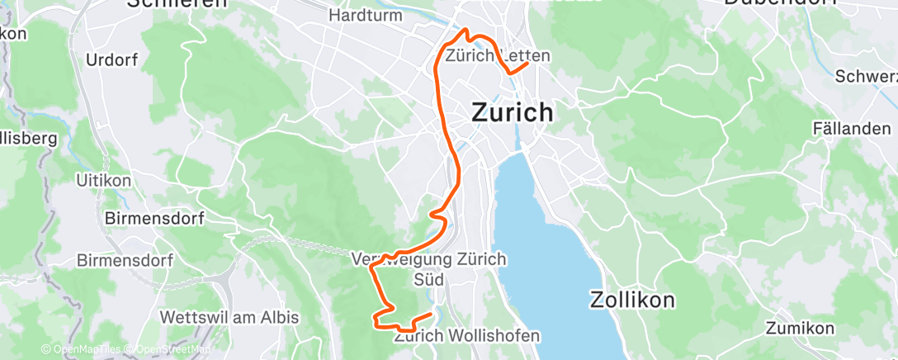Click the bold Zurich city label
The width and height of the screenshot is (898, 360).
coord(513,112)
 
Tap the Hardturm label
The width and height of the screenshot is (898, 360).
coord(365,15)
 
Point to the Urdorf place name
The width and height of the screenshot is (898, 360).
coord(113,60)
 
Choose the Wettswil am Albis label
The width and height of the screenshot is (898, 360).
coord(229,317)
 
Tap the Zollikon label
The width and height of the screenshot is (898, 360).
coord(632,299)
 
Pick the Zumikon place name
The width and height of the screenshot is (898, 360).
coord(800,329)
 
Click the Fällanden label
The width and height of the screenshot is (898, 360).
coord(852,129)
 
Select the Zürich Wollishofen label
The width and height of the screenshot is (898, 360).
coord(467,336)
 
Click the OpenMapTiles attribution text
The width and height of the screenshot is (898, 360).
coord(83,350)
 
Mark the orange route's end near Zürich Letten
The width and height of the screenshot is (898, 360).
coord(527,64)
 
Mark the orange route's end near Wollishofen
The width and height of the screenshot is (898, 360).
coord(432,314)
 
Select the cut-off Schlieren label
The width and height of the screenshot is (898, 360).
coord(177,3)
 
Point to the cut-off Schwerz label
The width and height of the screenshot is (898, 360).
coord(867,77)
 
